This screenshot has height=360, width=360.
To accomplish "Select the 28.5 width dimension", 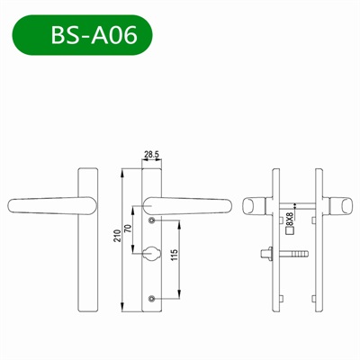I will (x=152, y=156).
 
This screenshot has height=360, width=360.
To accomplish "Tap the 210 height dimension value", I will (x=118, y=238).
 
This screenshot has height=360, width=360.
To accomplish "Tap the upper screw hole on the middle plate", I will (x=152, y=220).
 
